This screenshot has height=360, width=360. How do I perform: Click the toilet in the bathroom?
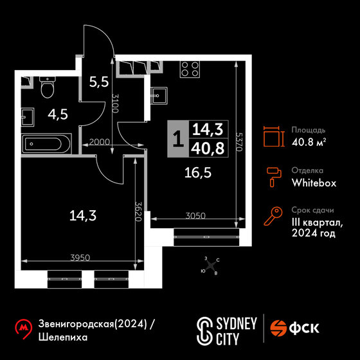48,87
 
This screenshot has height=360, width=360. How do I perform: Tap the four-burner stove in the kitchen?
190,69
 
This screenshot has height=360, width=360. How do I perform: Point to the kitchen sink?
159,96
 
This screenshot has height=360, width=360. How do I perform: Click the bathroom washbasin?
28,117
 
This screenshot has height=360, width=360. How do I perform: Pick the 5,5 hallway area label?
99,82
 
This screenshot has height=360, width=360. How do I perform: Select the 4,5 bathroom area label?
58,114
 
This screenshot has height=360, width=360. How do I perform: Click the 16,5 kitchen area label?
198,173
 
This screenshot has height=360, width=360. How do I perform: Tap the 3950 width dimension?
80,258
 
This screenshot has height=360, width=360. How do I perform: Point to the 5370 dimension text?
239,141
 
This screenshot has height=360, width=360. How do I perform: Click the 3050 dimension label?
195,215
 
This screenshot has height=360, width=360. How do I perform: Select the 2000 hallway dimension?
100,142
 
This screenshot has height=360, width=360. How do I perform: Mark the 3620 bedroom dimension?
138,212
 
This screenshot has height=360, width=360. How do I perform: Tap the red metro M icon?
23,328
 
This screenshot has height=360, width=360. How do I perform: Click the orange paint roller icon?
274,177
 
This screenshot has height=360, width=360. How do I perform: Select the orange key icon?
273,216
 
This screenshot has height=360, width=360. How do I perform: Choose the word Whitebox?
314,183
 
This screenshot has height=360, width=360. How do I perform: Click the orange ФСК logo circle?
278,328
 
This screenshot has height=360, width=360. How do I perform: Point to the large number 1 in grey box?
178,139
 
